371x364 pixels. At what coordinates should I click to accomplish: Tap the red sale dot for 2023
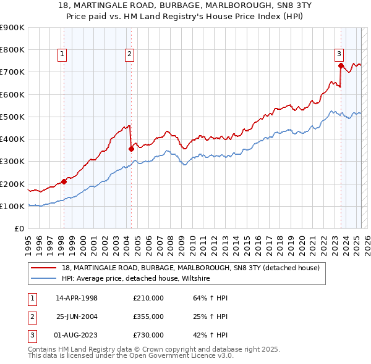coord(341,65)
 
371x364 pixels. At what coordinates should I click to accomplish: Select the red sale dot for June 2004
coord(131,149)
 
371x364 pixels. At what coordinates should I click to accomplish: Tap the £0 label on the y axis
coord(19,228)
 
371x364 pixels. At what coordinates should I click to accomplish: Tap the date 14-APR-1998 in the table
coord(77,298)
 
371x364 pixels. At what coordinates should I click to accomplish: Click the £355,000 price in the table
coord(148,316)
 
